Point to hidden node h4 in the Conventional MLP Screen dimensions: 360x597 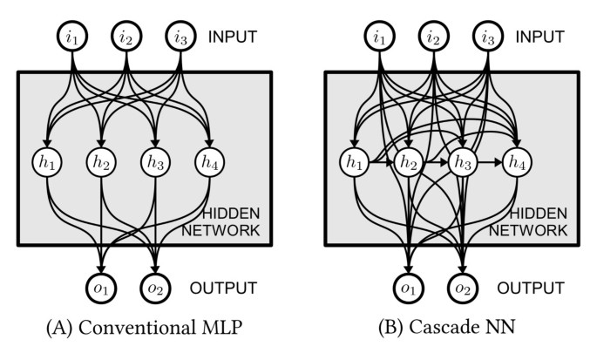tap(210, 162)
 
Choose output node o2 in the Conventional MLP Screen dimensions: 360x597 tap(158, 287)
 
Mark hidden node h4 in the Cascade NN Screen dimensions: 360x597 tap(516, 162)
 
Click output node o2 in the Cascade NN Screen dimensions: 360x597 tap(463, 287)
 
